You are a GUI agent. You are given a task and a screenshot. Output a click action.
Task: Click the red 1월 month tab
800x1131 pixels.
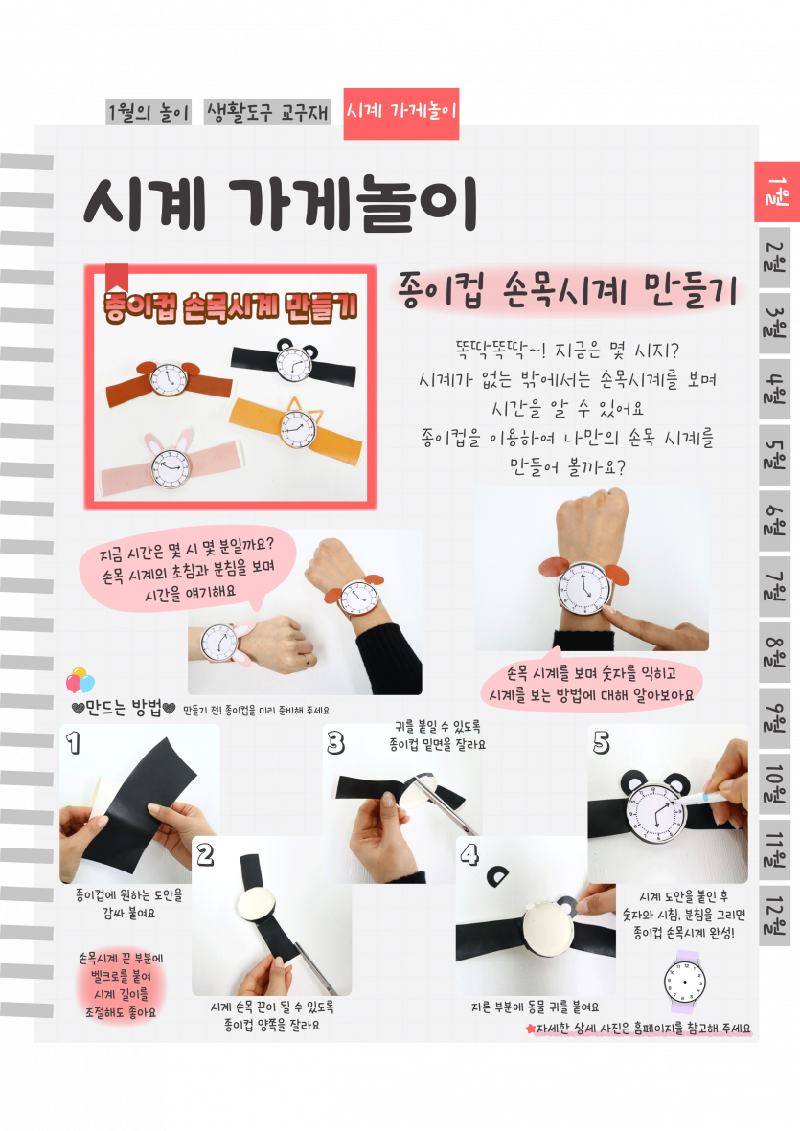click(777, 192)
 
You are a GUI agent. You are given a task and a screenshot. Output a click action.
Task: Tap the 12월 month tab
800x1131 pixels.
click(775, 916)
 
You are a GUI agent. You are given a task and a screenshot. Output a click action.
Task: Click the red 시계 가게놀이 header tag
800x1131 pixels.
click(401, 113)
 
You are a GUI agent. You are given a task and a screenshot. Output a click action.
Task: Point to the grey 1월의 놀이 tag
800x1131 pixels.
click(149, 112)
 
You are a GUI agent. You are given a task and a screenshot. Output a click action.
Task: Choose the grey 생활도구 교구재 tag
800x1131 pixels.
click(267, 112)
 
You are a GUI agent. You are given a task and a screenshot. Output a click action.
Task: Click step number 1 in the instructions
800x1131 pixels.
click(74, 742)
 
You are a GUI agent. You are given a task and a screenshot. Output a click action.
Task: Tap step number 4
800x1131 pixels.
click(469, 854)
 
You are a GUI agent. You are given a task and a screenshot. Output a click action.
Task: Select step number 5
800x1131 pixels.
click(601, 742)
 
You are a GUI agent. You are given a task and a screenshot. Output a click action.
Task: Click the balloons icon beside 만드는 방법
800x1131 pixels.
click(80, 680)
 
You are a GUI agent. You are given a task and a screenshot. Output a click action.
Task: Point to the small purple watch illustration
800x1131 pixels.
click(684, 982)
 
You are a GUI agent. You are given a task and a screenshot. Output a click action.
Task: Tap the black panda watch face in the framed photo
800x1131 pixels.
click(295, 361)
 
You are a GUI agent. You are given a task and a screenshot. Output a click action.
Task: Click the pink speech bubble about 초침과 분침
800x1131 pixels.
click(189, 570)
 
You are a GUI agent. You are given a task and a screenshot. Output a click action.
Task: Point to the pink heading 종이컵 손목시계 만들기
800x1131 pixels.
click(568, 291)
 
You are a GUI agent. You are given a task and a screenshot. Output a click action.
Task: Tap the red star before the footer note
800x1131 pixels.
click(531, 1029)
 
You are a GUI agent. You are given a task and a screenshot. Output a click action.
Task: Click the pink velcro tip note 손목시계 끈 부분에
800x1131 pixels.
click(121, 985)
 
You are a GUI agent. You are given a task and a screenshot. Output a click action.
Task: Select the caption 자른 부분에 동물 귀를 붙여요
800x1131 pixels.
click(535, 1007)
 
